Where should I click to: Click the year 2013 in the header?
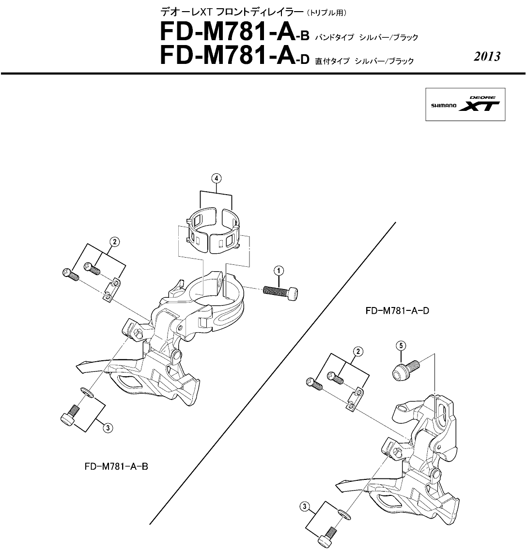(x=487, y=57)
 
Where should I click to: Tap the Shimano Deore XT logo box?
(x=465, y=105)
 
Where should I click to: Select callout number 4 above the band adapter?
(x=216, y=178)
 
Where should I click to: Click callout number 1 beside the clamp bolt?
(x=279, y=271)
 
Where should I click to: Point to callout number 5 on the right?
(x=401, y=346)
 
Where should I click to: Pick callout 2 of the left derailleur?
(x=114, y=242)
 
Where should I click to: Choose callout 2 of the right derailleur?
(x=358, y=351)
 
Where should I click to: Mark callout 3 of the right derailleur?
(x=304, y=507)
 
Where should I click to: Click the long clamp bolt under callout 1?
(x=280, y=293)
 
